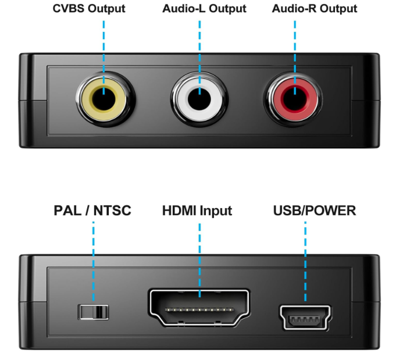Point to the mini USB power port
click(x=305, y=318)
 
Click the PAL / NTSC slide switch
click(x=94, y=312)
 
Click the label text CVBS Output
click(x=88, y=9)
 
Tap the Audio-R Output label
click(x=315, y=9)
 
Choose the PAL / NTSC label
click(x=93, y=211)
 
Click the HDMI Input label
click(x=197, y=211)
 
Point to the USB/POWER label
click(x=315, y=211)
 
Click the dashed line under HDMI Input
click(x=199, y=256)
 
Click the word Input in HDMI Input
click(x=216, y=211)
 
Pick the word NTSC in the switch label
click(x=112, y=211)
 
